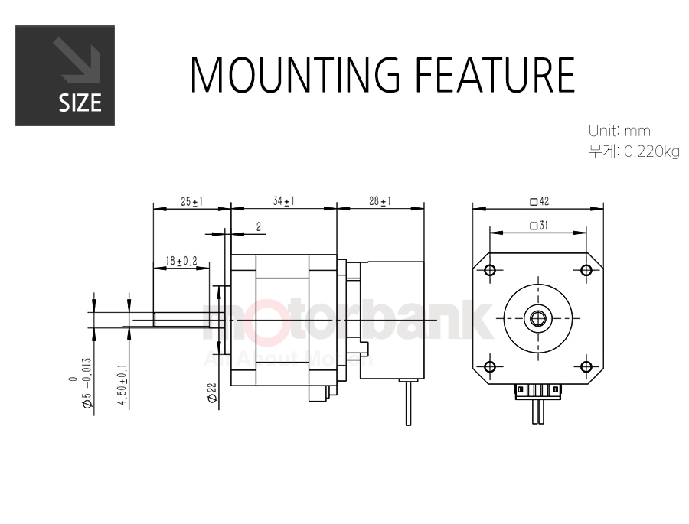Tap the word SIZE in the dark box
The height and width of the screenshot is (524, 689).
point(80,103)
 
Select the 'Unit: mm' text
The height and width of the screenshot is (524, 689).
point(619,131)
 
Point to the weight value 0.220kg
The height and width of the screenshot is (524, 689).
point(652,152)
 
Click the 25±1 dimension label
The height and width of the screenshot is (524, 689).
point(191,202)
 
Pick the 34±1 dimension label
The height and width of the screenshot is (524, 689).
point(283,201)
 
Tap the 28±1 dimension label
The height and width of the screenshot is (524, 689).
point(380,201)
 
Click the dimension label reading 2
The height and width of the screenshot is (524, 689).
point(259,226)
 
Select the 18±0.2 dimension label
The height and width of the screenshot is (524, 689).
point(181,262)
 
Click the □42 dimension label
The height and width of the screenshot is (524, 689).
point(540,201)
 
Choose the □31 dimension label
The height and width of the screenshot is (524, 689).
point(539,226)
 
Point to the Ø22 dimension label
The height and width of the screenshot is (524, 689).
point(213,392)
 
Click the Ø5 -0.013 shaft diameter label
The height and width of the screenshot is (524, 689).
point(82,383)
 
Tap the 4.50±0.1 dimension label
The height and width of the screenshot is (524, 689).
point(122,386)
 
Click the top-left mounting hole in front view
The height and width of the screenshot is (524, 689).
point(490,270)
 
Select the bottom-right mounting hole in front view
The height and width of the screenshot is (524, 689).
point(586,366)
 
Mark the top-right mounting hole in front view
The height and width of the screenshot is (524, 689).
point(586,270)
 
